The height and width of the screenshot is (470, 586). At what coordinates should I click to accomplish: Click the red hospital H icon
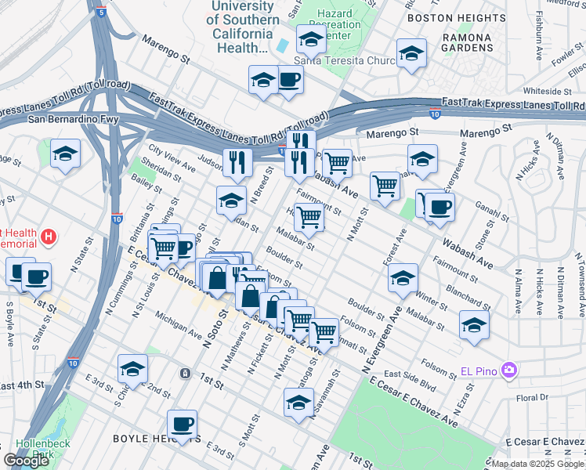49,235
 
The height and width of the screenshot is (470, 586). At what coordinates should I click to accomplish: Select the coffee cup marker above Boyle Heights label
183,424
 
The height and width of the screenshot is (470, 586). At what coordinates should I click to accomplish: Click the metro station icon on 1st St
185,374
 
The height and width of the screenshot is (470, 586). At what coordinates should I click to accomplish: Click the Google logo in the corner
27,461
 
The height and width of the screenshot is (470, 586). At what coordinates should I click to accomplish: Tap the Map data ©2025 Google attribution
537,464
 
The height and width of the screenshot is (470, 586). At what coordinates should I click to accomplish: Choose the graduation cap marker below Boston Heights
410,54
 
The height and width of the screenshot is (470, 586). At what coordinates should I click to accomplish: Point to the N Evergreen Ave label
380,341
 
